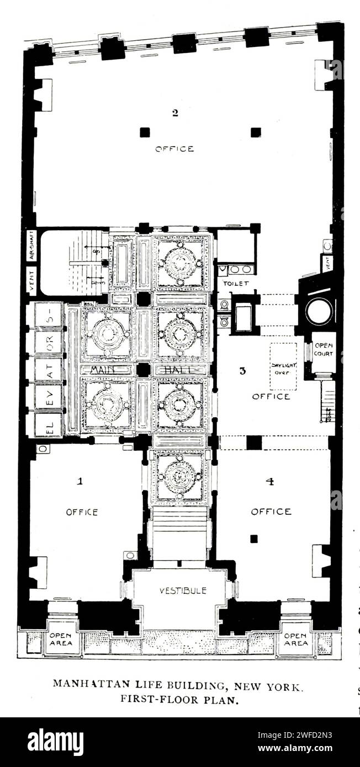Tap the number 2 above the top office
pyautogui.click(x=175, y=113)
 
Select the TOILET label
pyautogui.click(x=236, y=283)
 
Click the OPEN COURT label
pyautogui.click(x=323, y=350)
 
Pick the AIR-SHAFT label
pyautogui.click(x=31, y=246)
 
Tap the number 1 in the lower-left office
pyautogui.click(x=80, y=481)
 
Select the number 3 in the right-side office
pyautogui.click(x=242, y=371)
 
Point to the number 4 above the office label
pyautogui.click(x=269, y=481)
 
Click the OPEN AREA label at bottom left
pyautogui.click(x=60, y=639)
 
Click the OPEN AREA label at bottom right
pyautogui.click(x=296, y=639)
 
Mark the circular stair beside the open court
pyautogui.click(x=319, y=311)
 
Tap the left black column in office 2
pyautogui.click(x=145, y=132)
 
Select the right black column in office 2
pyautogui.click(x=256, y=132)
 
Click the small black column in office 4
pyautogui.click(x=253, y=539)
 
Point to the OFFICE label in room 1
pyautogui.click(x=82, y=512)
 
